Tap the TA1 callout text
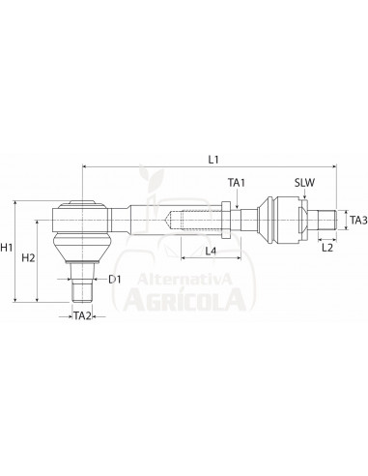tap(236, 181)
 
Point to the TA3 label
tap(356, 220)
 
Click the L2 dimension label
tap(326, 249)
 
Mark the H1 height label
tap(8, 249)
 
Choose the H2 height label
tap(29, 257)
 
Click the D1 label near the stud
tap(114, 280)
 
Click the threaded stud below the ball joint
tap(83, 286)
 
